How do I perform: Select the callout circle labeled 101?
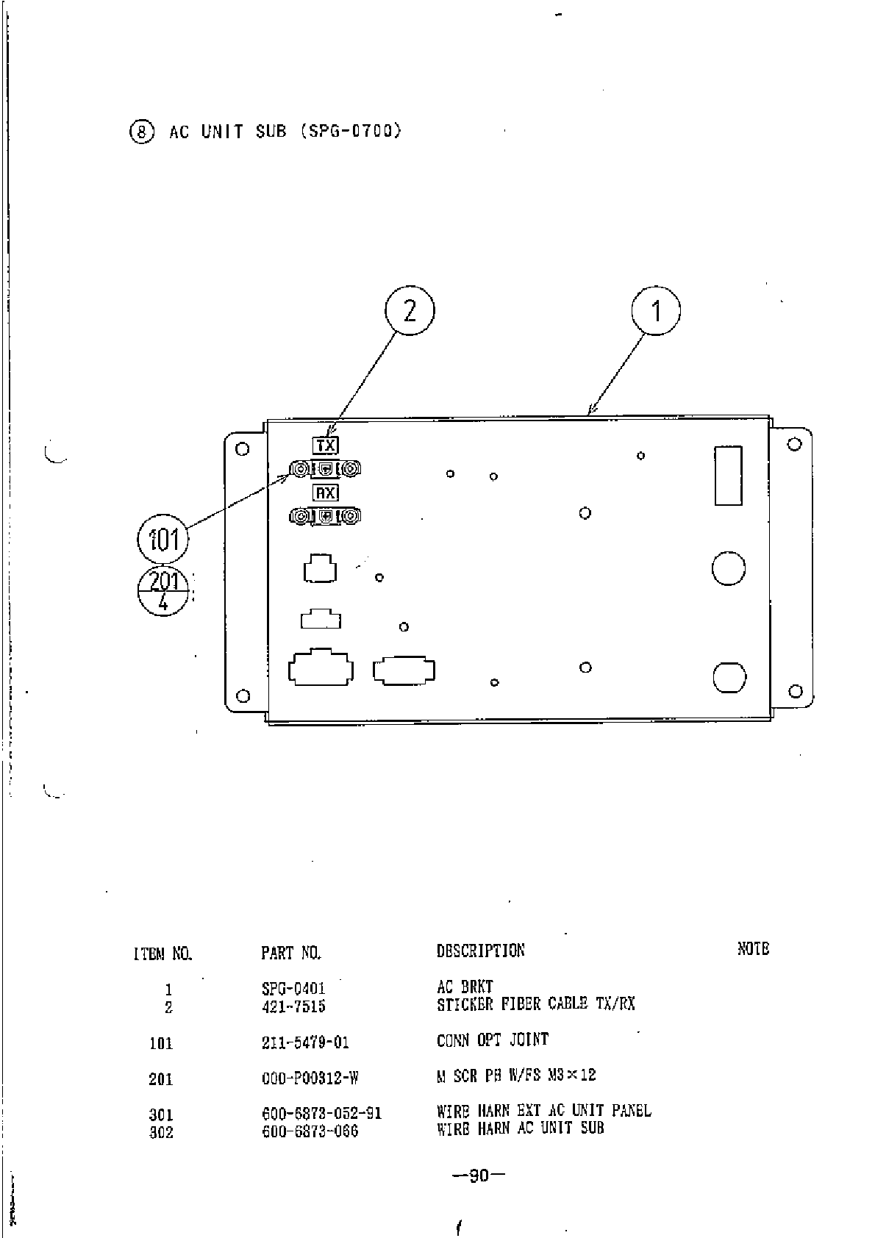163,539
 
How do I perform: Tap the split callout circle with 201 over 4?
163,592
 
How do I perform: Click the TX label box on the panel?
325,445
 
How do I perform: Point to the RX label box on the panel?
325,493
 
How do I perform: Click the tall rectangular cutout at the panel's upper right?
728,475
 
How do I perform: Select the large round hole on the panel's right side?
729,568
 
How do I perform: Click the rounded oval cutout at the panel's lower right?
729,676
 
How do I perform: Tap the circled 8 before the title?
142,132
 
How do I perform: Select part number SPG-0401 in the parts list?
293,989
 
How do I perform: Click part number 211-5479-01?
305,1042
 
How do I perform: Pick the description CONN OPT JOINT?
492,1040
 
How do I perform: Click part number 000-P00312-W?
310,1078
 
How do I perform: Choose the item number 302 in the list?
161,1132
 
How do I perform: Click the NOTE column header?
753,949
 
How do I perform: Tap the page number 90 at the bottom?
479,1175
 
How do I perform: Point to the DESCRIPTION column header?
480,951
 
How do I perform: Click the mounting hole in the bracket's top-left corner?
241,448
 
